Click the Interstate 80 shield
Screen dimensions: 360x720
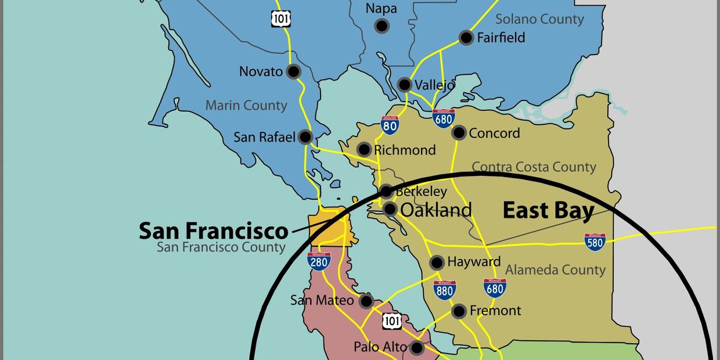tap(390, 125)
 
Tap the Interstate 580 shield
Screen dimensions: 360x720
tap(595, 242)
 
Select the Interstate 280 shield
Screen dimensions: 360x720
tap(319, 261)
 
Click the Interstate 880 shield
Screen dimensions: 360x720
tap(444, 289)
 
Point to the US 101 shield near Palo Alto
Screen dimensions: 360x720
tap(392, 321)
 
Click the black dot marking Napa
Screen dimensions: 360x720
tap(381, 26)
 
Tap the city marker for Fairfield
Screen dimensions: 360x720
tap(466, 38)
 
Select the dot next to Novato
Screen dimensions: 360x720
tap(294, 71)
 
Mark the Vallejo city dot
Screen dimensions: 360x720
tap(405, 85)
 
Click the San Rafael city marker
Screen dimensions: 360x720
tap(305, 137)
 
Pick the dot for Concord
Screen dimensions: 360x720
tap(459, 133)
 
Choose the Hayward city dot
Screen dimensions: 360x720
tap(437, 262)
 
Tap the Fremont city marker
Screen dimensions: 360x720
tap(459, 311)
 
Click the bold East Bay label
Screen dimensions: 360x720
tap(548, 211)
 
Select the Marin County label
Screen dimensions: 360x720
tap(246, 106)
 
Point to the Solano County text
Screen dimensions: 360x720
tap(539, 19)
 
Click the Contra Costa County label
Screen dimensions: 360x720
tap(534, 167)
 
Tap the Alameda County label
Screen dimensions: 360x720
tap(555, 269)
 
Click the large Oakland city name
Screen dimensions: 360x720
tap(436, 210)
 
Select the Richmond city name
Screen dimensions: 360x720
tap(405, 150)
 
